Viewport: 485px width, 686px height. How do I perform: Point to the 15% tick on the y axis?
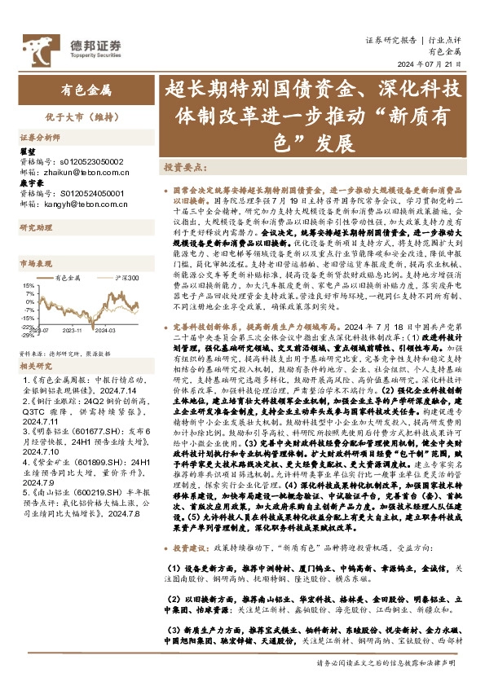[28, 286]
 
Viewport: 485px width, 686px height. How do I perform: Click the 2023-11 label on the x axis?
[74, 330]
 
